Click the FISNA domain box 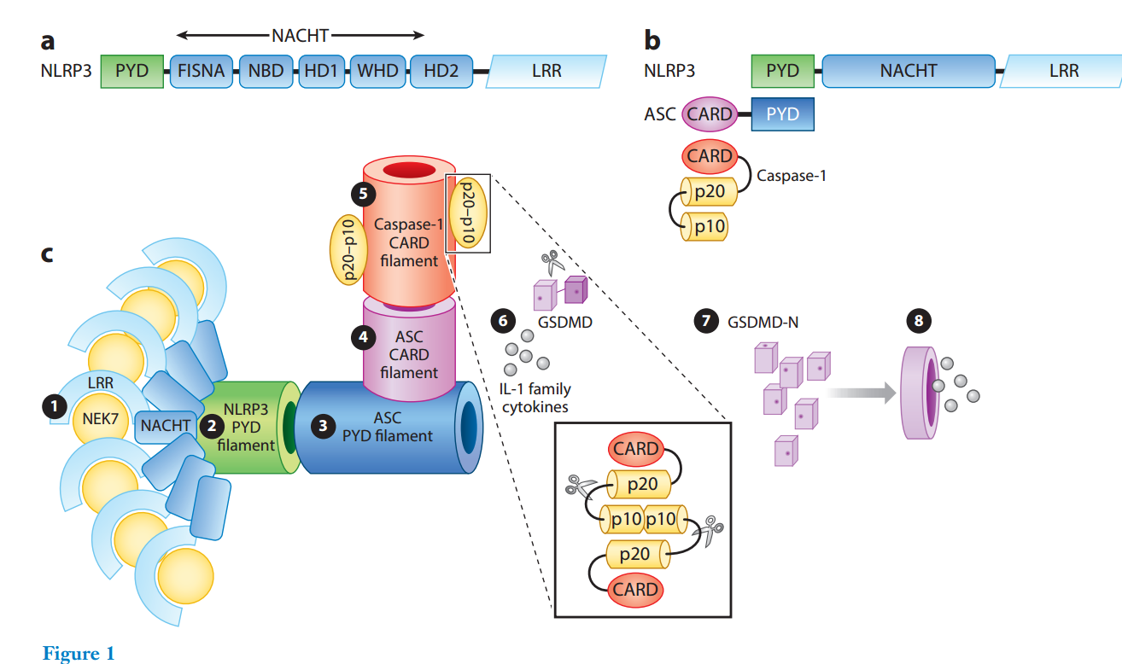click(202, 71)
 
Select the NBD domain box click(266, 71)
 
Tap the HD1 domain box click(320, 71)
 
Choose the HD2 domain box click(435, 71)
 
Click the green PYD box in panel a click(131, 71)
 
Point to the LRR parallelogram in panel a click(546, 71)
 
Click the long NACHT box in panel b click(908, 71)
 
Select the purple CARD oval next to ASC click(709, 114)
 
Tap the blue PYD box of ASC click(782, 114)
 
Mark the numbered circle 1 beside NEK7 click(55, 407)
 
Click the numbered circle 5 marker click(364, 194)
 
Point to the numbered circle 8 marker click(918, 322)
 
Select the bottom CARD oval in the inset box click(635, 589)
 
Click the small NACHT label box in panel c click(167, 425)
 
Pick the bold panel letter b click(652, 40)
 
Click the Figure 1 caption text click(78, 654)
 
